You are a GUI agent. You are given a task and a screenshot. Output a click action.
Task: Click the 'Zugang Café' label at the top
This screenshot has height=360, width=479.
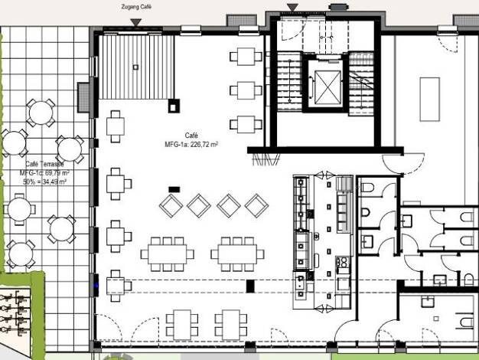(137, 7)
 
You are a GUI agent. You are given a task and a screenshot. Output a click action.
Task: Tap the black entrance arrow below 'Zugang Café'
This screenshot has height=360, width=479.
(136, 24)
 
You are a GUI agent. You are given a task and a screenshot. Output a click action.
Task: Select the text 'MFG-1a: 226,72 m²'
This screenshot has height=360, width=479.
(191, 144)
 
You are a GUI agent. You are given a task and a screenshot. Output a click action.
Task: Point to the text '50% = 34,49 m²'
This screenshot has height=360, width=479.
(44, 182)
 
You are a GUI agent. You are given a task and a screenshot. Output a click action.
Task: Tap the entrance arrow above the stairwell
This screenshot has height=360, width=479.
(292, 7)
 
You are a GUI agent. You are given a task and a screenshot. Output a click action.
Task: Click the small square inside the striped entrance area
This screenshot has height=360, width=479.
(135, 67)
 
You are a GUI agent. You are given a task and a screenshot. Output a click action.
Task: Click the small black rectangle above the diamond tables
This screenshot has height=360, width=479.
(174, 188)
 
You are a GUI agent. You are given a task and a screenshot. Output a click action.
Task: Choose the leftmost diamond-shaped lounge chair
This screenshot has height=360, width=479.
(171, 205)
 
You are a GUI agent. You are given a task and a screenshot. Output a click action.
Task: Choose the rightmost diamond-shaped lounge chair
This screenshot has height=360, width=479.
(256, 205)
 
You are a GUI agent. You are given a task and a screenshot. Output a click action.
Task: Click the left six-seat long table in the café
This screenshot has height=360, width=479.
(167, 253)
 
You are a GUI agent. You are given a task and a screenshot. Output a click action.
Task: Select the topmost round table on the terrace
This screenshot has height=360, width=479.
(40, 113)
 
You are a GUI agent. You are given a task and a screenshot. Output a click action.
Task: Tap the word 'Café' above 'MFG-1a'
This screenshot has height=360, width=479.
(191, 135)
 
